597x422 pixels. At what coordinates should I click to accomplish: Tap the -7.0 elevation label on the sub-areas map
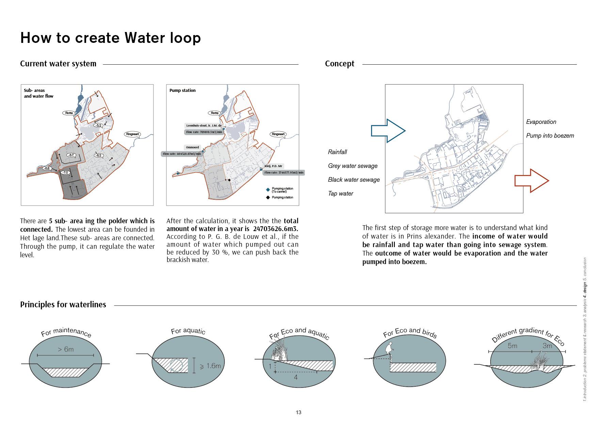coord(65,173)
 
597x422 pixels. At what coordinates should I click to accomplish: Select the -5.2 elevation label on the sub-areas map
coord(98,125)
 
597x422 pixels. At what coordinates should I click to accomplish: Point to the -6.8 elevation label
coord(47,168)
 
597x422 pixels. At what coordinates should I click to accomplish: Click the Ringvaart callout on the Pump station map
coord(278,134)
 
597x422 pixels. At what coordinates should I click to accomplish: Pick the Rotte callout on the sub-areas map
coord(69,113)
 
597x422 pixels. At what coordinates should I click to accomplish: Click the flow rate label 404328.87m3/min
coord(182,154)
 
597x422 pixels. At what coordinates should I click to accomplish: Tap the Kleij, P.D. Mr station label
coord(273,166)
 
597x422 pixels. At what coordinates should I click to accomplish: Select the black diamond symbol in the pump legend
coord(268,197)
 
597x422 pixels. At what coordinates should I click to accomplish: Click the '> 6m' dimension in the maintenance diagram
coord(65,349)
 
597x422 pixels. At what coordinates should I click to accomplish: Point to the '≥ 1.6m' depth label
coord(210,366)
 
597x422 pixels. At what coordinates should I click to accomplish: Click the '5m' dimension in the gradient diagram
coord(512,346)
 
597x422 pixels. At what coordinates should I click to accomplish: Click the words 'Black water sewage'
coord(354,180)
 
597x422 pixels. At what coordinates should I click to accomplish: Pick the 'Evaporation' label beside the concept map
coord(541,122)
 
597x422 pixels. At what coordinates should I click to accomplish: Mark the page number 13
coord(298,412)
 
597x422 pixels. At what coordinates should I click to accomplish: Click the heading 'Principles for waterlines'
coord(63,305)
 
